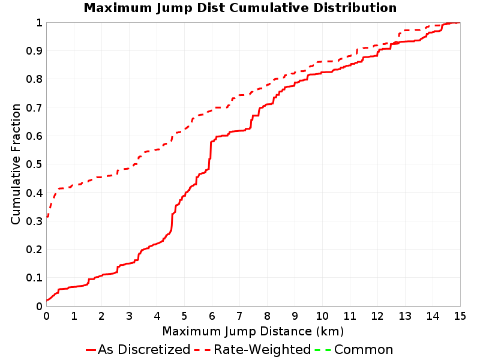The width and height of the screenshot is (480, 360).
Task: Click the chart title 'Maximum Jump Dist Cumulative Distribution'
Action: (x=240, y=8)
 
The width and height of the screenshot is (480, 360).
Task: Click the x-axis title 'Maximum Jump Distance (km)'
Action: (x=253, y=332)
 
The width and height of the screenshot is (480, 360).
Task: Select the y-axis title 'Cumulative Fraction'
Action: (x=16, y=164)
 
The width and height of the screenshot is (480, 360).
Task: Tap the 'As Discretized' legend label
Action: (x=144, y=350)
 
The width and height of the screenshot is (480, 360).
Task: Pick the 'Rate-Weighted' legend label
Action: (x=262, y=350)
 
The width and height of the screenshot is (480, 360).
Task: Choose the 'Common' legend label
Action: (x=364, y=350)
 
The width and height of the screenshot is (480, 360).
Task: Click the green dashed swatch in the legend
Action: (x=323, y=350)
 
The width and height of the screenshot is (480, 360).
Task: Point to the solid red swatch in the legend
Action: (x=91, y=350)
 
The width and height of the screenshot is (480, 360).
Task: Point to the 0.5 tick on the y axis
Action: (x=34, y=164)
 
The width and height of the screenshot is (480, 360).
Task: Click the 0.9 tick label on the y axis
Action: (x=34, y=51)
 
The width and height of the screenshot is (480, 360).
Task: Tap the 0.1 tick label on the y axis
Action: (x=34, y=278)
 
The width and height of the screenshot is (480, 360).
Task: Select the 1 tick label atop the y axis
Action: (x=39, y=23)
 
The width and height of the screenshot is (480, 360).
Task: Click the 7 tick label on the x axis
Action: (x=239, y=316)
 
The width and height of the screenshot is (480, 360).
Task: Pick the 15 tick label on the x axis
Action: (x=460, y=316)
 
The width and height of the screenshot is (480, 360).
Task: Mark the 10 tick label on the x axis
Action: (x=322, y=316)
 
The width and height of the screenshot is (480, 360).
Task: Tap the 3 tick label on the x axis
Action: (x=129, y=316)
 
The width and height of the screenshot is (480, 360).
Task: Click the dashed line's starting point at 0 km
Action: (x=47, y=217)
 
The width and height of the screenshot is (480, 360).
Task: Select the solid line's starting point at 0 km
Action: (x=47, y=300)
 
